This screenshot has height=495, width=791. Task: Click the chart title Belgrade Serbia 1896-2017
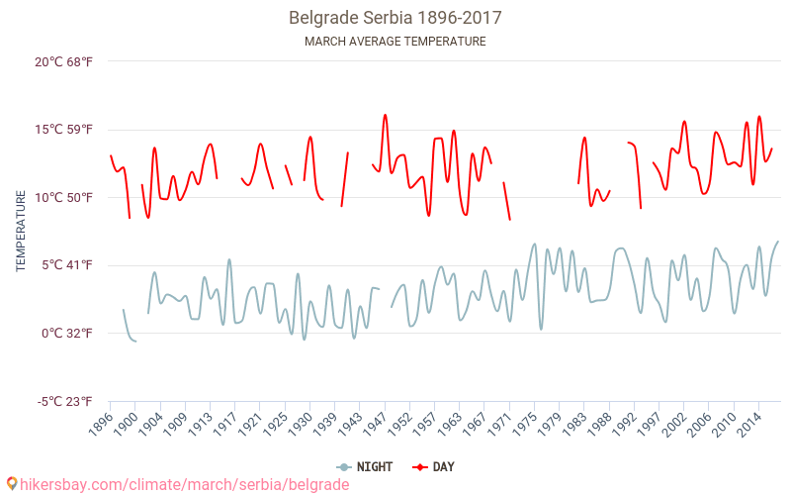[395, 18]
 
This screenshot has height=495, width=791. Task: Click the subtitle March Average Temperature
[395, 42]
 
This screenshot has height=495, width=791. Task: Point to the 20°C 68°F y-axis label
[64, 61]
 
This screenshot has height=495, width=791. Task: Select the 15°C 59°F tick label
[64, 130]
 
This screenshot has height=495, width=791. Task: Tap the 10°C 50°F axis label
[64, 197]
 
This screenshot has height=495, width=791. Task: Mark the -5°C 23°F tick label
[65, 401]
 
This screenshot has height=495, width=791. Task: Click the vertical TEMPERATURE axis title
[21, 232]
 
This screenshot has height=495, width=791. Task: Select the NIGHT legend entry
[358, 466]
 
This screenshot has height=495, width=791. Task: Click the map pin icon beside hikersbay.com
[12, 484]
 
